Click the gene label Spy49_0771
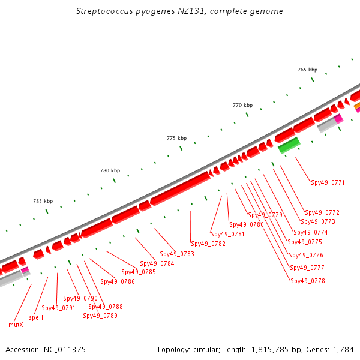328,183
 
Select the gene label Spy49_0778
308,281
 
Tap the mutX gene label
16,325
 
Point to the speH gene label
36,317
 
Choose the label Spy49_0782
208,244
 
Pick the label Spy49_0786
118,281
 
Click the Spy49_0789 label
100,316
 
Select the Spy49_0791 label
59,308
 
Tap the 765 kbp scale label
308,70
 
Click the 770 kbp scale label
242,105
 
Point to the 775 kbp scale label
177,138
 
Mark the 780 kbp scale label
110,170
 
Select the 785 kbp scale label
43,202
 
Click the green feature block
289,145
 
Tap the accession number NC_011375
65,350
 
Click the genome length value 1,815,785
270,350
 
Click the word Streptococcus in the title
104,11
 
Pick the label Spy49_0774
311,232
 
